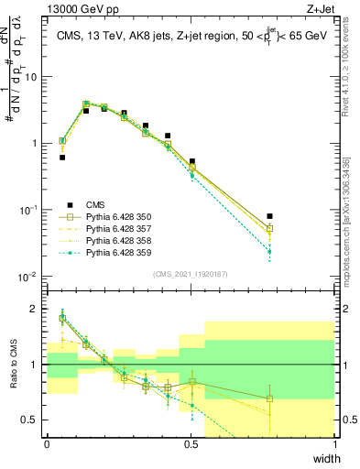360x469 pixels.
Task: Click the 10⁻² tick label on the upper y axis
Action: coord(29,277)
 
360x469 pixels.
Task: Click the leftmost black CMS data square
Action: coord(62,158)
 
